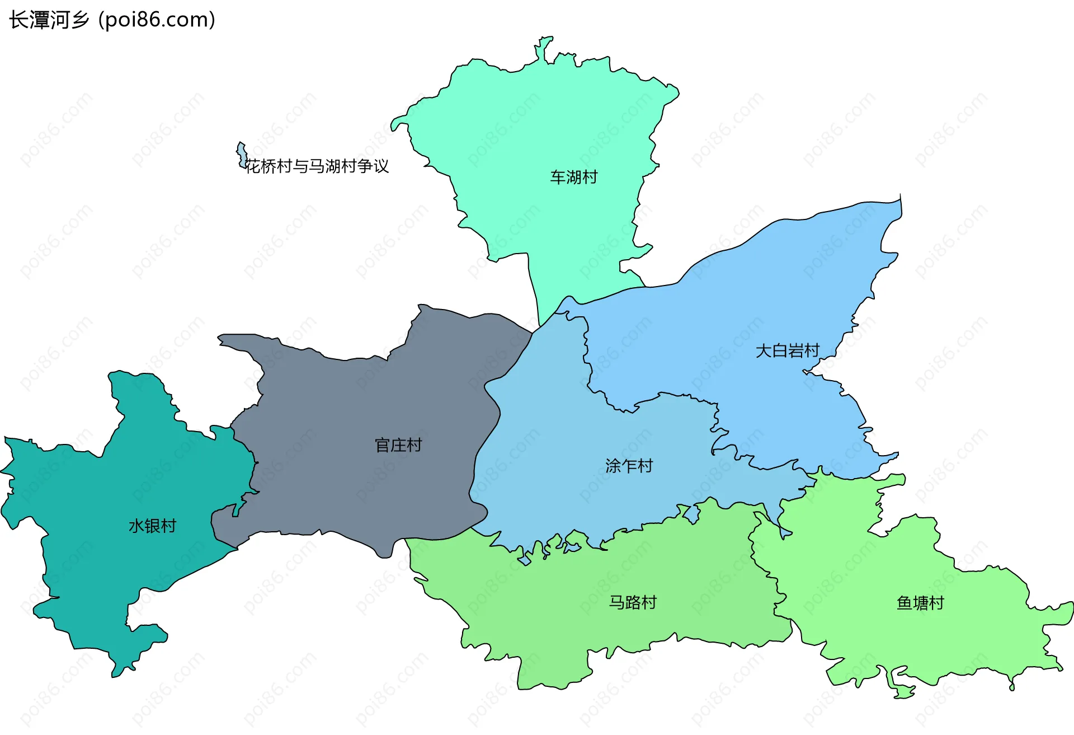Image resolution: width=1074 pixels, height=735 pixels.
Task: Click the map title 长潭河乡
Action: (49, 20)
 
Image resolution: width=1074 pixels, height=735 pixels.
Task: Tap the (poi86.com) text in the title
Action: (157, 20)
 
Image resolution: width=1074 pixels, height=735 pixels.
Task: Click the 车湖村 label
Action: (573, 177)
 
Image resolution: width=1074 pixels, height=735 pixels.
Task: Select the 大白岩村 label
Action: (787, 351)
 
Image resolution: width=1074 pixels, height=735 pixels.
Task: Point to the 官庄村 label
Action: (398, 446)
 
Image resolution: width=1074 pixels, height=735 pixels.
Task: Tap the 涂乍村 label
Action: (629, 466)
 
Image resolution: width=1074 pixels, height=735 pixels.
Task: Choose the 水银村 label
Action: (152, 526)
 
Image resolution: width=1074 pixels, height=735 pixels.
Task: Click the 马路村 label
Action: (632, 603)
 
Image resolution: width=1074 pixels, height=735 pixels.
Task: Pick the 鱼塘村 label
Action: (920, 603)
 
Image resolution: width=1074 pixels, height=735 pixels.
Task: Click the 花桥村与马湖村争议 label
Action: (317, 166)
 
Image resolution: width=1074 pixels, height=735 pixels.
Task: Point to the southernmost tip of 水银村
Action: (116, 675)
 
